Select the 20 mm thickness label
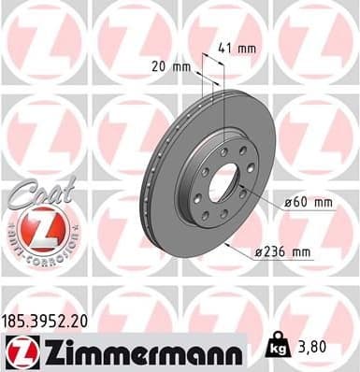click(167, 66)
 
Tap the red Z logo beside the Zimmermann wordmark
click(20, 351)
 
